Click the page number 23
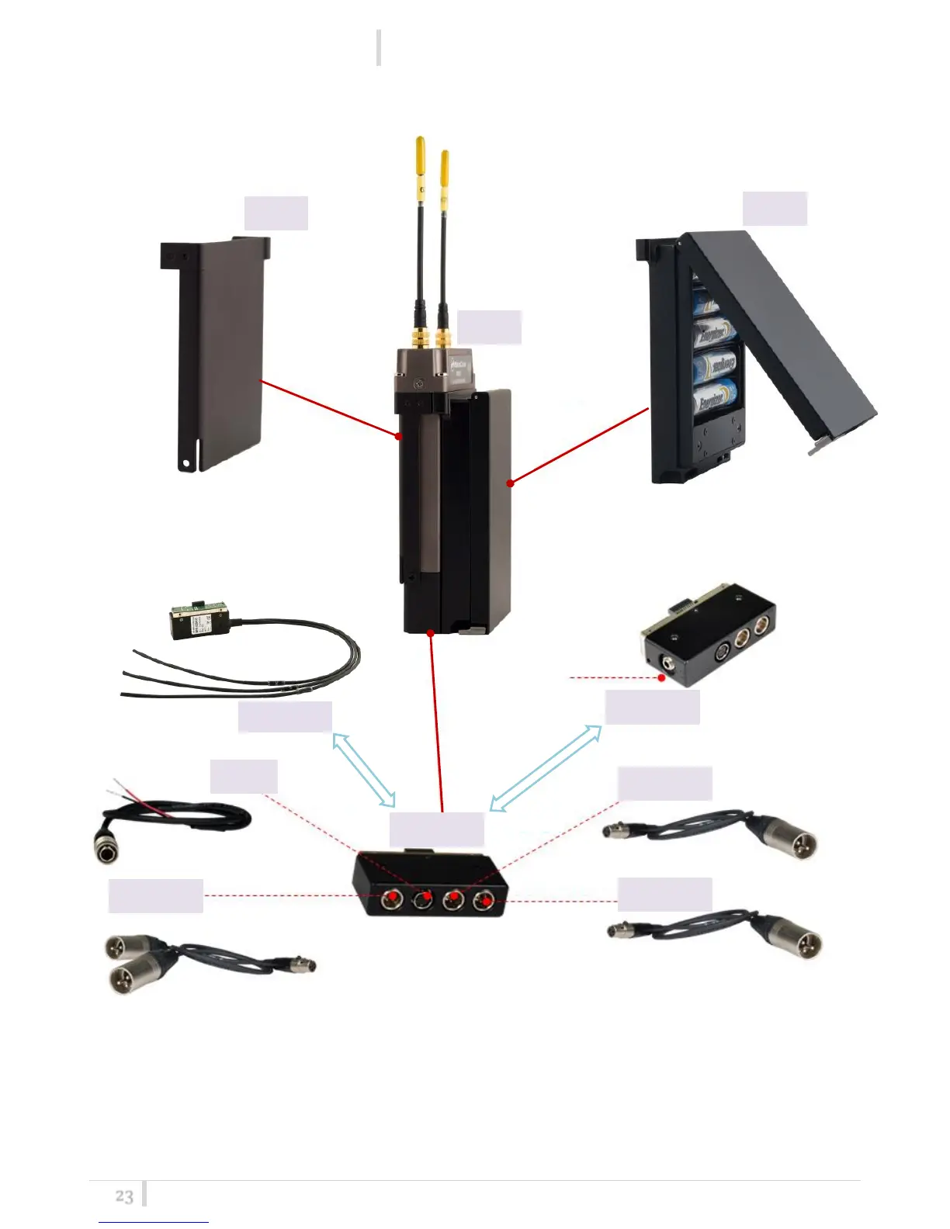click(124, 1196)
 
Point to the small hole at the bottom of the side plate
click(185, 464)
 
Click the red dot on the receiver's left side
click(398, 436)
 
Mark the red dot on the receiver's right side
click(510, 483)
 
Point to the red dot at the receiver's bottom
click(431, 633)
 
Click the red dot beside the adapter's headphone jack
click(661, 677)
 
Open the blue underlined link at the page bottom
click(154, 1221)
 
